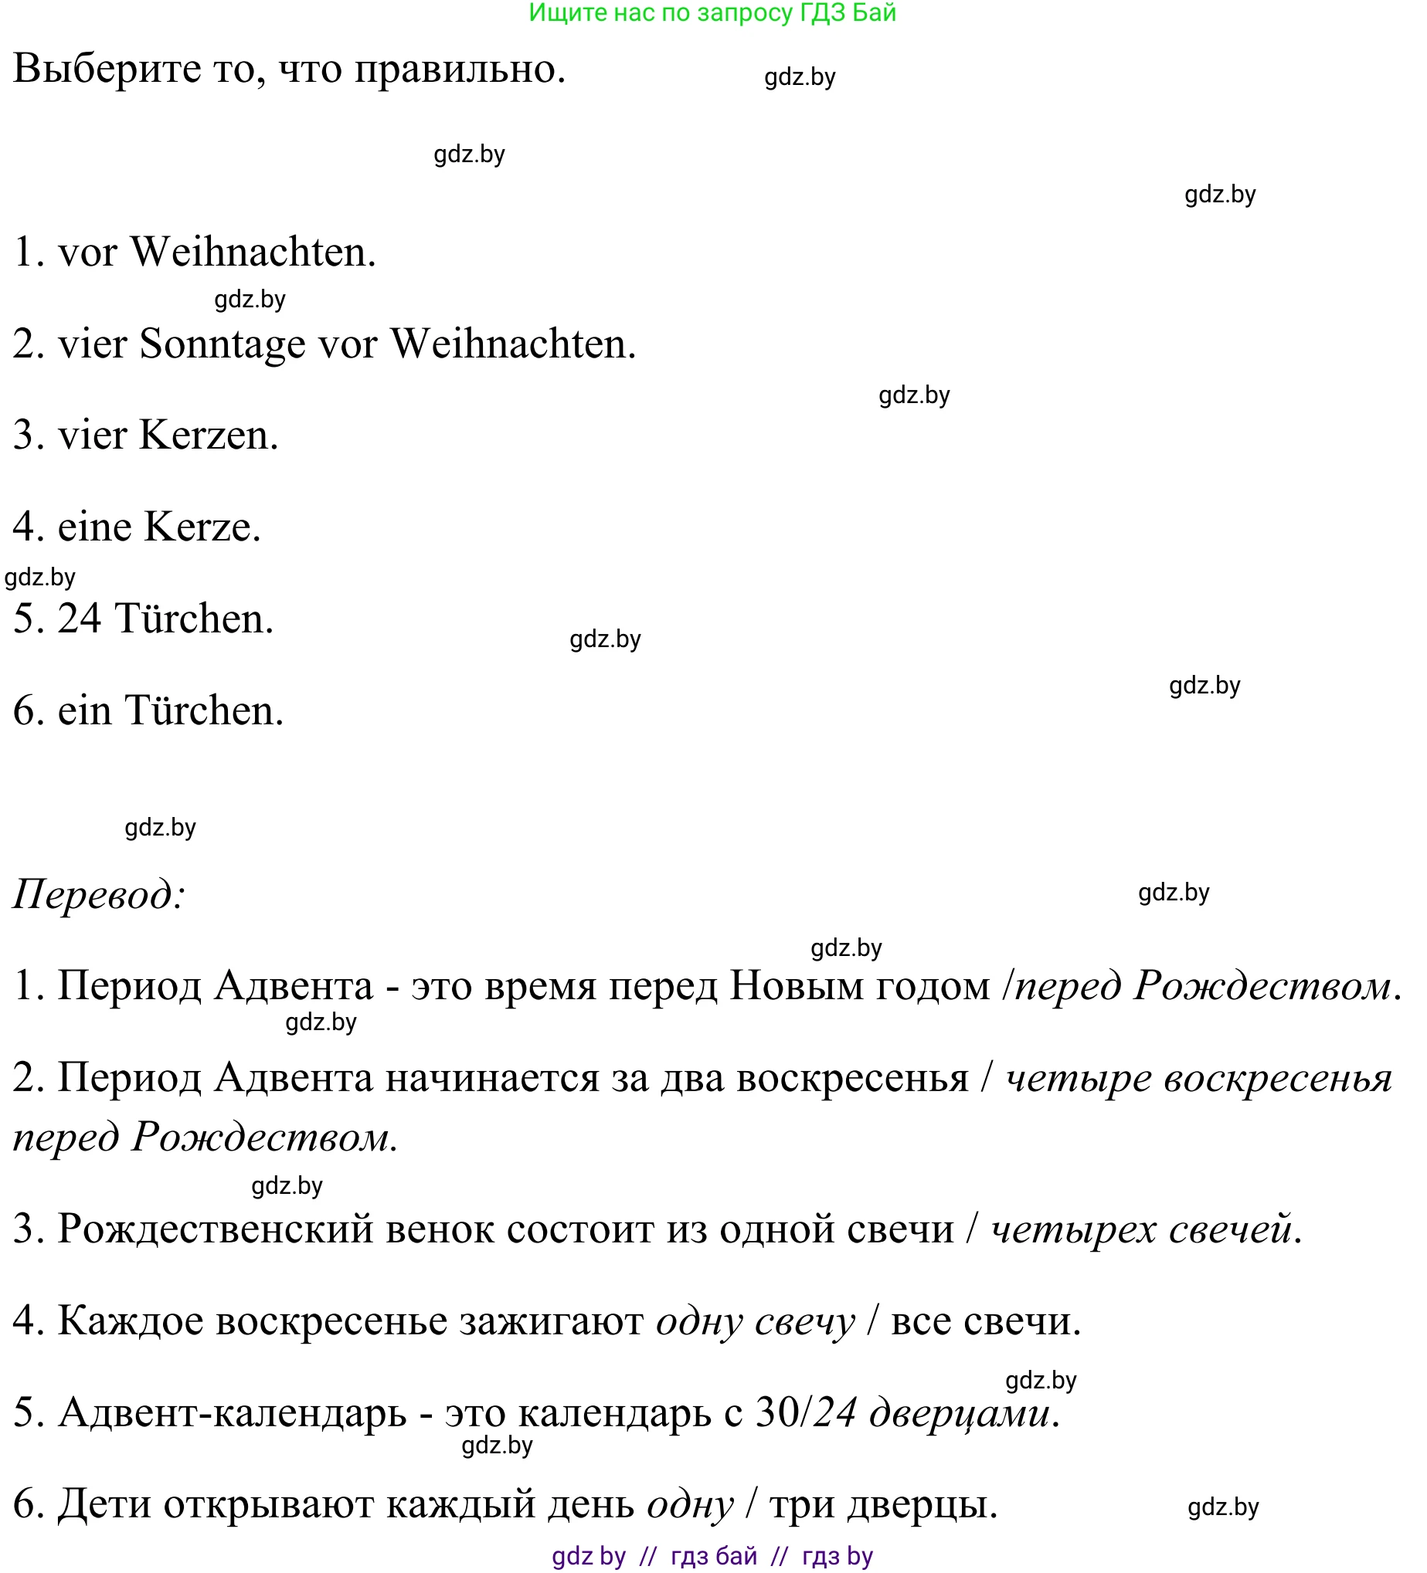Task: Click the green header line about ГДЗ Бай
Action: point(712,13)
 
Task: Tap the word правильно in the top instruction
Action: point(459,69)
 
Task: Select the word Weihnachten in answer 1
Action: point(253,252)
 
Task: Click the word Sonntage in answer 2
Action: point(222,344)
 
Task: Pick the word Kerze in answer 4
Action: point(202,527)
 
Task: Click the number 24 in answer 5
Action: point(79,619)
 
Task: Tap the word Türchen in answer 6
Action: point(204,710)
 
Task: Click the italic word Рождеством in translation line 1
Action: point(1262,986)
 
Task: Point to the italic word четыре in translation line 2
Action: point(1078,1078)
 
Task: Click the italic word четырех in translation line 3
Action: point(1073,1229)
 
